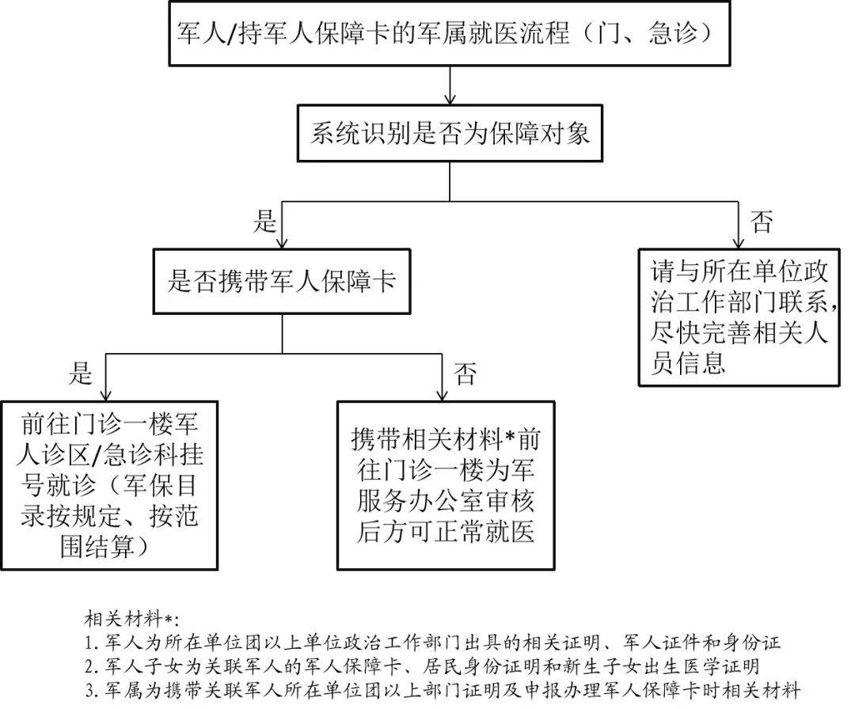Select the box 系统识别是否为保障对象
pos(449,134)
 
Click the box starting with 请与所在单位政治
pos(739,317)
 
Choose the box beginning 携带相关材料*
pos(446,485)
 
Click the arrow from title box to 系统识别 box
pos(449,86)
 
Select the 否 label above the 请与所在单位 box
pos(762,222)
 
